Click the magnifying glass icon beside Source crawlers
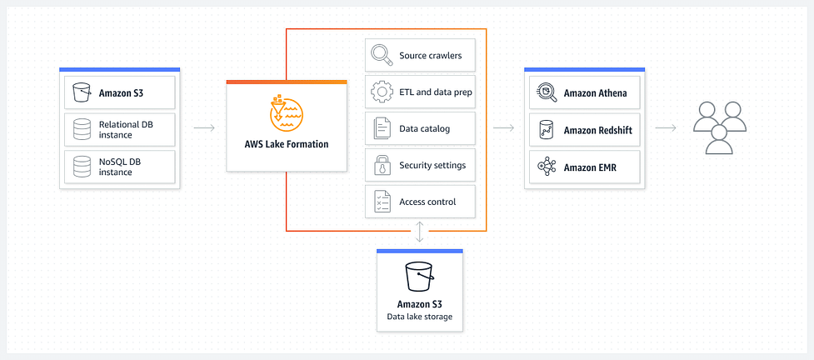click(x=382, y=55)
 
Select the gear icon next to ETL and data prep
click(x=382, y=92)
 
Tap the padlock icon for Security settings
click(x=382, y=165)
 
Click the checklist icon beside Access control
click(x=382, y=202)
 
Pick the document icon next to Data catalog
click(x=382, y=129)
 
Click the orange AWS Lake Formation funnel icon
click(x=287, y=112)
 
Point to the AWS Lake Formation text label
click(x=287, y=144)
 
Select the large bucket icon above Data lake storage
click(x=419, y=277)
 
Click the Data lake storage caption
click(x=419, y=316)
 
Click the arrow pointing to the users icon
click(x=666, y=127)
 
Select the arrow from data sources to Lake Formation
click(x=204, y=127)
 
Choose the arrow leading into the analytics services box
click(x=503, y=127)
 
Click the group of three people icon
click(x=720, y=127)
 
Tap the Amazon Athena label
click(x=596, y=93)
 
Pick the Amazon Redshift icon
click(x=546, y=130)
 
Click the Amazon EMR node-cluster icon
click(x=547, y=167)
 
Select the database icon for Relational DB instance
click(x=82, y=129)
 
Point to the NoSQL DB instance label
click(x=120, y=167)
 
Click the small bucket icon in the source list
click(x=82, y=92)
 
